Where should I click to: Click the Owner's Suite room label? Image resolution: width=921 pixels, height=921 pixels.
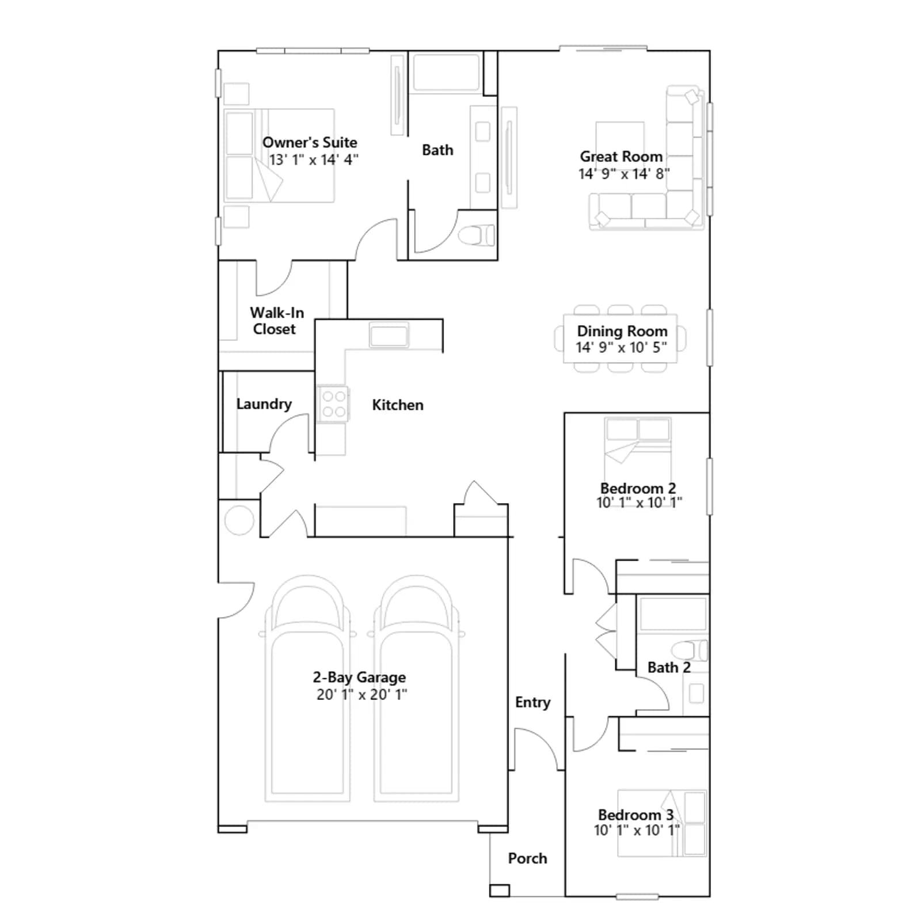pos(310,142)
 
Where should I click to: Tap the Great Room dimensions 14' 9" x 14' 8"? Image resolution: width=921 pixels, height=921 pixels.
pos(624,173)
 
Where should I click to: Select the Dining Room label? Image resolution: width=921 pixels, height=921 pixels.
pos(622,331)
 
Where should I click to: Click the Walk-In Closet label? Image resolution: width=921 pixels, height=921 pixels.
pos(276,321)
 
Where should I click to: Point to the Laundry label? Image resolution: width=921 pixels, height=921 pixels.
pos(264,404)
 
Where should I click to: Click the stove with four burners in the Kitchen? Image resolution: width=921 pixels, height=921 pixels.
pos(334,404)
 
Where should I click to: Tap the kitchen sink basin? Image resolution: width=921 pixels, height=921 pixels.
pos(389,335)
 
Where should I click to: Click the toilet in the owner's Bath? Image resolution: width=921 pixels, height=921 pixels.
pos(476,235)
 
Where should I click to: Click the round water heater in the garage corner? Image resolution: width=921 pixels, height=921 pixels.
pos(239,520)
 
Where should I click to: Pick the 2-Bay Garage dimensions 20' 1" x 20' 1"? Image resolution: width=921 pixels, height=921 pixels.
pos(361,694)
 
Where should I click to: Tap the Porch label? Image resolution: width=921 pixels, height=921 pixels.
pos(527,858)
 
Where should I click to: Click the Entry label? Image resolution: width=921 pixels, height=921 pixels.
pos(532,702)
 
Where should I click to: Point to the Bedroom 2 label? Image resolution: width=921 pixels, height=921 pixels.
pos(638,488)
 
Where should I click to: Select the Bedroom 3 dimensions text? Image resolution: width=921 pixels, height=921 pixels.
pos(637,830)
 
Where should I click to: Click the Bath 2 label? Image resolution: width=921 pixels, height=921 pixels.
pos(669,667)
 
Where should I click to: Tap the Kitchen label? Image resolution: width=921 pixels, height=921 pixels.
pos(398,405)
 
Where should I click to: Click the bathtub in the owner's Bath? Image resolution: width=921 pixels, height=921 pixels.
pos(447,73)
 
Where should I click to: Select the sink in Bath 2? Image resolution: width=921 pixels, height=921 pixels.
pos(697,694)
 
